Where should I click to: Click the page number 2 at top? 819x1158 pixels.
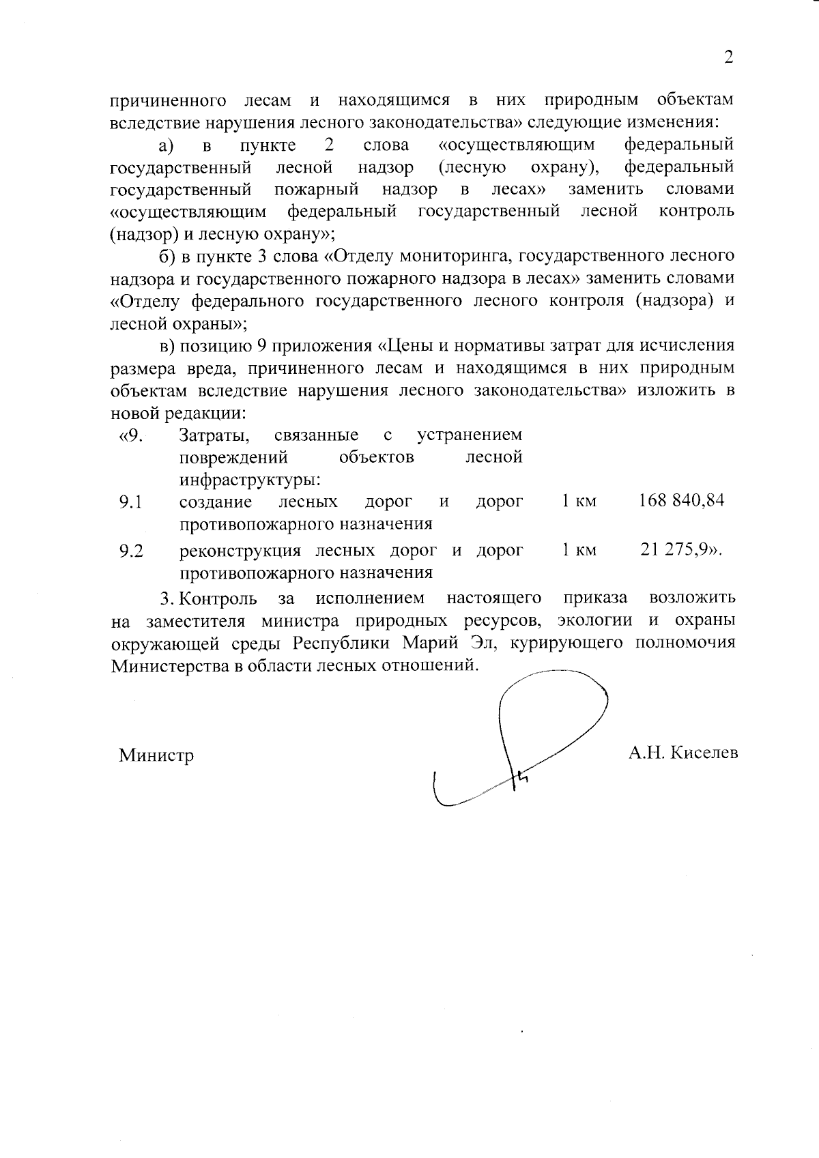728,57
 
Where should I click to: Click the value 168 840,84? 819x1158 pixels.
681,501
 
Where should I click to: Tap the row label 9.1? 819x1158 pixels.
130,503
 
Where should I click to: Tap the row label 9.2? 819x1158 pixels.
130,551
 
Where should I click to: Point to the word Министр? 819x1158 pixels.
156,755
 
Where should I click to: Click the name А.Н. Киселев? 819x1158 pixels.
683,753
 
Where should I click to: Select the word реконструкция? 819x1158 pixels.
240,550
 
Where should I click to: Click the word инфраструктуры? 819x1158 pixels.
250,480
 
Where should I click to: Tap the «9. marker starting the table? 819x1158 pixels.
131,435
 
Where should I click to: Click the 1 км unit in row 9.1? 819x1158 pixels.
579,502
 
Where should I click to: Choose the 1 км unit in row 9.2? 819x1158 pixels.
579,550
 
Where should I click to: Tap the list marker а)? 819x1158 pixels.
167,145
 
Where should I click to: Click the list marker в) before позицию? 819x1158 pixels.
167,345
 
